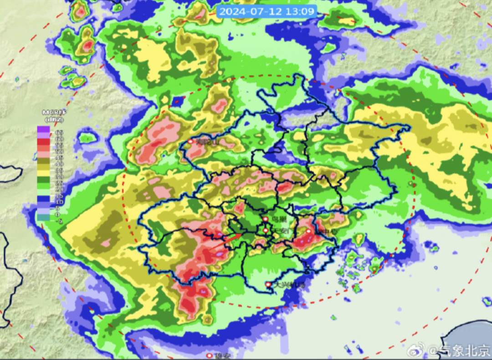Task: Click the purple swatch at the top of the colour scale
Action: tap(43, 129)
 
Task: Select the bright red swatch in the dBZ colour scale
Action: tap(43, 141)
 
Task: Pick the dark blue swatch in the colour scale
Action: tap(43, 199)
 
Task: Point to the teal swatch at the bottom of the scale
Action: tap(43, 217)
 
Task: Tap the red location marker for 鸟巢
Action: tap(265, 220)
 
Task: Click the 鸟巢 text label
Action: tap(278, 220)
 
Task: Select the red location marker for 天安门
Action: tap(266, 231)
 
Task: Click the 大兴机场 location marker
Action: tap(268, 285)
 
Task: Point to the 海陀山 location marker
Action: tap(190, 142)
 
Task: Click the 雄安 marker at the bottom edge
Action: tap(209, 355)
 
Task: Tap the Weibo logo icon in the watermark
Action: tap(415, 350)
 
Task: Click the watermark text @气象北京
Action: tap(459, 350)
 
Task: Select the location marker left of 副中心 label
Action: tap(309, 231)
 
